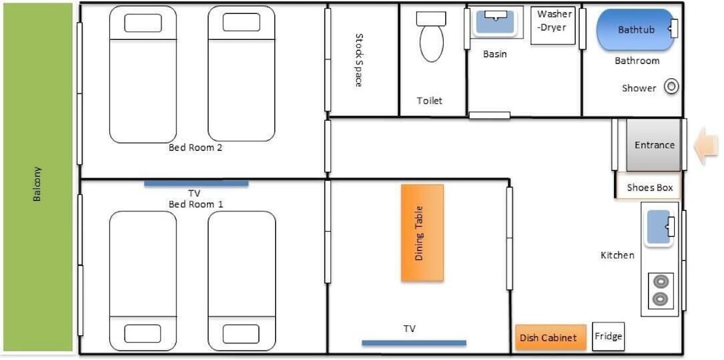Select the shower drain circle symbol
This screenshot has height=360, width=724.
[671, 87]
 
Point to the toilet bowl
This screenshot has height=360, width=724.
[432, 43]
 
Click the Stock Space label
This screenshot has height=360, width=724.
[358, 59]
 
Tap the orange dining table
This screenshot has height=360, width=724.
[422, 233]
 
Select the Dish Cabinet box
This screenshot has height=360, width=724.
[550, 338]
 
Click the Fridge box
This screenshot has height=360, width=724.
[608, 336]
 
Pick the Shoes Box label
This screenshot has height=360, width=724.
[649, 188]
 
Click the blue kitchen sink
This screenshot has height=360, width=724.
[658, 227]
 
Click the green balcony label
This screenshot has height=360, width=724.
[38, 183]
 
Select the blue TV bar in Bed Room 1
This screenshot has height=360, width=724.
[196, 183]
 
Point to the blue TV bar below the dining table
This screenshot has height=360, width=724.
[413, 343]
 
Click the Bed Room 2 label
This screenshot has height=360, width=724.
[195, 148]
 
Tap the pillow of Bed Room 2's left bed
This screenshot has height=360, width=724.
[143, 23]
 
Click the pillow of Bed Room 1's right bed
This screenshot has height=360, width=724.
[241, 334]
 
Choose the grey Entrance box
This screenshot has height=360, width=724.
[653, 145]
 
